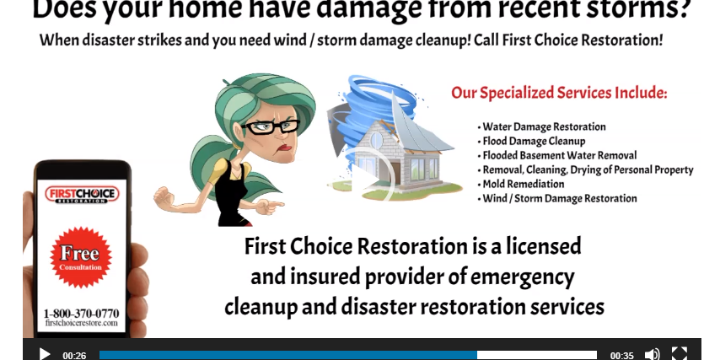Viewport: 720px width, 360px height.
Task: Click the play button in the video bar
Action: pyautogui.click(x=45, y=354)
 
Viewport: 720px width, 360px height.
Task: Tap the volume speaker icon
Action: pyautogui.click(x=652, y=354)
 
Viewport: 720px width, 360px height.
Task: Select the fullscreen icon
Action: pyautogui.click(x=680, y=354)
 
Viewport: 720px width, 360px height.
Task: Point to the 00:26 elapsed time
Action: pyautogui.click(x=74, y=356)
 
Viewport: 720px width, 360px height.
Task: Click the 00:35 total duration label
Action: pyautogui.click(x=621, y=356)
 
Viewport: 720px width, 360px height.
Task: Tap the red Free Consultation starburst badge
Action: pyautogui.click(x=81, y=257)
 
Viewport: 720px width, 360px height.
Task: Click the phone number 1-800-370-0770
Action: pyautogui.click(x=81, y=314)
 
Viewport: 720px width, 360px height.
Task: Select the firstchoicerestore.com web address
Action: pyautogui.click(x=81, y=323)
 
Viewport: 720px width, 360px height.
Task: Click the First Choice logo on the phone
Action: pyautogui.click(x=82, y=195)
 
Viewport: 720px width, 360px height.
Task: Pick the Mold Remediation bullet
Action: pyautogui.click(x=521, y=184)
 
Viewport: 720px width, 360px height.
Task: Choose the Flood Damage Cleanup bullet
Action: pyautogui.click(x=531, y=141)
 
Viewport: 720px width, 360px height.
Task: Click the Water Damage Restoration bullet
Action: pyautogui.click(x=541, y=126)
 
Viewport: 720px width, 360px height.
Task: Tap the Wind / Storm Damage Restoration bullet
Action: pyautogui.click(x=557, y=198)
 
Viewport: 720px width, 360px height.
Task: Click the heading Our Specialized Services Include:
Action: pyautogui.click(x=559, y=93)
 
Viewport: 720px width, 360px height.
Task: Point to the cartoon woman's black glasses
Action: pyautogui.click(x=270, y=126)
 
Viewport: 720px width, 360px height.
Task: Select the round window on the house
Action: pyautogui.click(x=377, y=141)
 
